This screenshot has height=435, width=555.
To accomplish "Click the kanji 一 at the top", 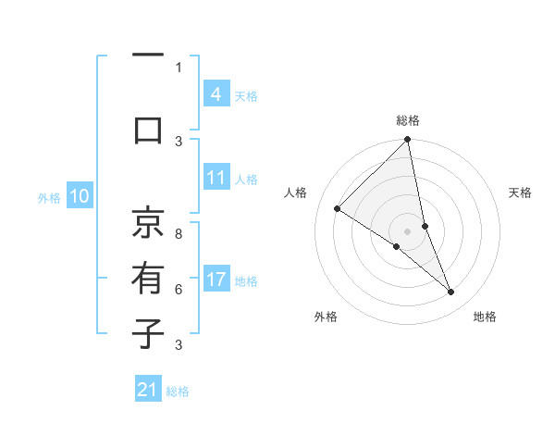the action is (148, 57).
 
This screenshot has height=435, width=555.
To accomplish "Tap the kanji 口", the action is (148, 130).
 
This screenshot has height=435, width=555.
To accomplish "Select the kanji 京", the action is (148, 222).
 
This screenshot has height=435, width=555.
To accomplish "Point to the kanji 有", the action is (148, 278).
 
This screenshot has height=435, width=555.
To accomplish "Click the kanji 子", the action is (148, 333).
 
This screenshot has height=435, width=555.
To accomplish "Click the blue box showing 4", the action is (216, 93).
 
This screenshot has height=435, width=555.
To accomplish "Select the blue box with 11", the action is (216, 179).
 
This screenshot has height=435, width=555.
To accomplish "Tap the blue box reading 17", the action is (216, 280).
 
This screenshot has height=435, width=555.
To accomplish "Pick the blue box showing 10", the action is (79, 196).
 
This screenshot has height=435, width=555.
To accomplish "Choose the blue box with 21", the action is (147, 390).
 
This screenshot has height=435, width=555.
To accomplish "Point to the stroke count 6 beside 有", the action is (179, 289).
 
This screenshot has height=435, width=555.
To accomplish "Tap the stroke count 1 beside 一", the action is (179, 67).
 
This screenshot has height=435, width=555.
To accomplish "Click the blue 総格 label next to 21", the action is (178, 391).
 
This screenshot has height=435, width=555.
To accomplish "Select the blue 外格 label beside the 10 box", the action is (48, 197).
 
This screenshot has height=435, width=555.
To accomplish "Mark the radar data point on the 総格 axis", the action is (407, 140).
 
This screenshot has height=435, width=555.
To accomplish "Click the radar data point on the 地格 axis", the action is (451, 292).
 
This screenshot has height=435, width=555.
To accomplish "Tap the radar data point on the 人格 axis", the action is (338, 208).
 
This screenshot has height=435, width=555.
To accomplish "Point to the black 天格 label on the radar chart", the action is (520, 193).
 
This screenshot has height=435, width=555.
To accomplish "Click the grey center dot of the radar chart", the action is (407, 230).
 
